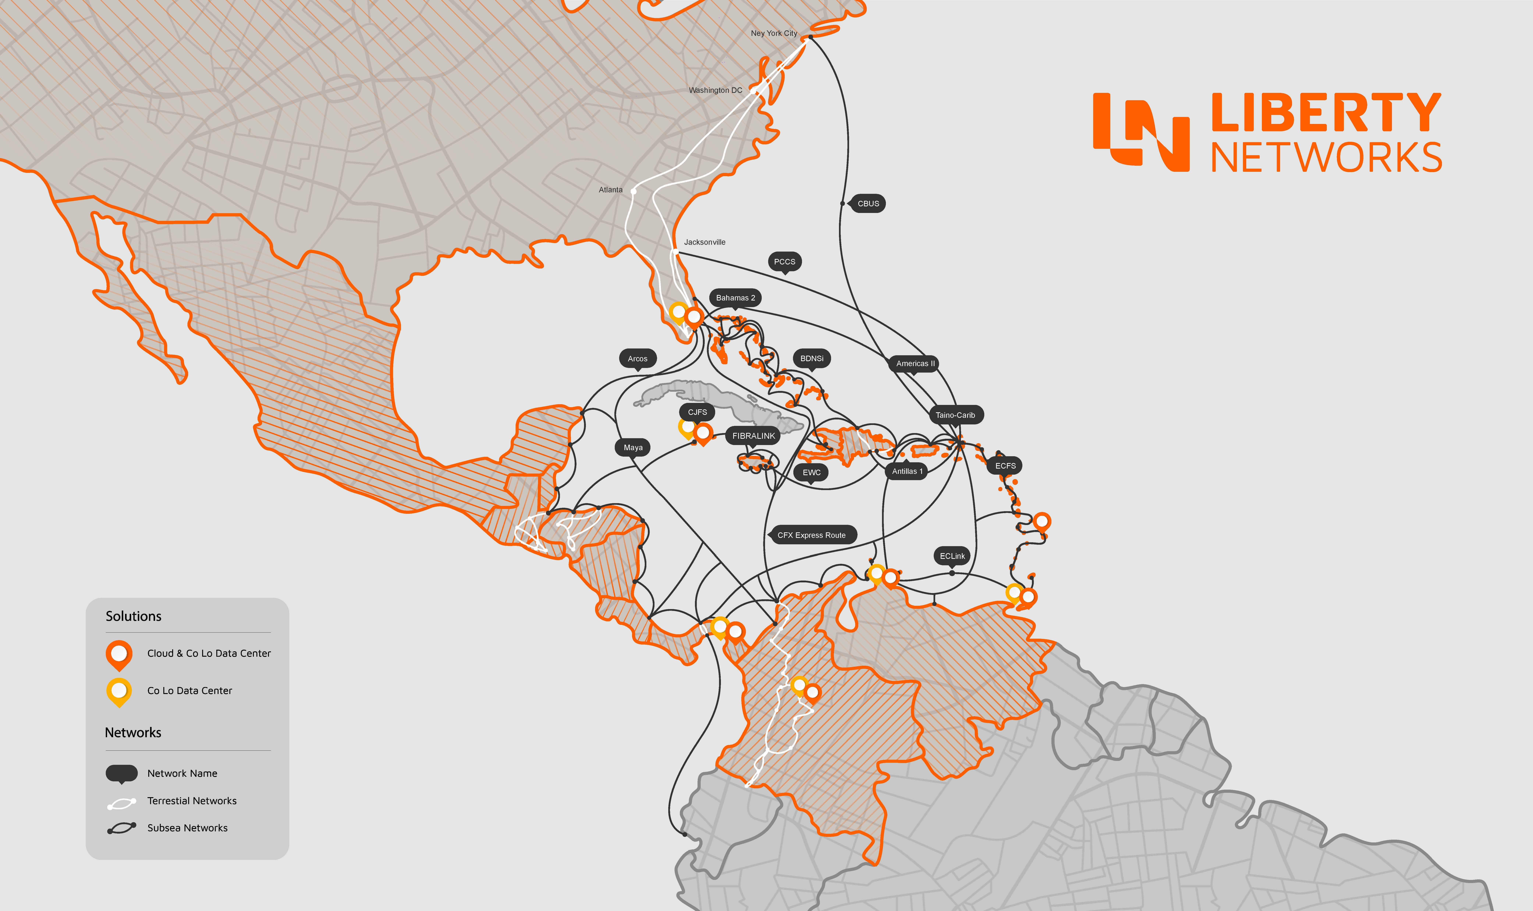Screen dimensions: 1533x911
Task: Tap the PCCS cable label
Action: point(784,261)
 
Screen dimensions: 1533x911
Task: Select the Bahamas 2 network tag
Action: point(735,298)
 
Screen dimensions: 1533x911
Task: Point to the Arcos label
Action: point(637,359)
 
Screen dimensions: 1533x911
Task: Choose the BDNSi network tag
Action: point(812,359)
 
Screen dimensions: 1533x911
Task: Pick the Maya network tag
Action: point(633,448)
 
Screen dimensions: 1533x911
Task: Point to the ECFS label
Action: point(1005,466)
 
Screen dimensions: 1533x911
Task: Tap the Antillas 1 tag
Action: point(907,471)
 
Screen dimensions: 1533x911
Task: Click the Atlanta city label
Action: point(610,190)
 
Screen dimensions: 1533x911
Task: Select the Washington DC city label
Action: point(715,90)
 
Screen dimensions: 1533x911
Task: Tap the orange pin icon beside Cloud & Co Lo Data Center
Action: point(119,654)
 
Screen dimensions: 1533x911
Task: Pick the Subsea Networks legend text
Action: point(187,828)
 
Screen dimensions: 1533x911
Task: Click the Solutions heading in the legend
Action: point(133,616)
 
